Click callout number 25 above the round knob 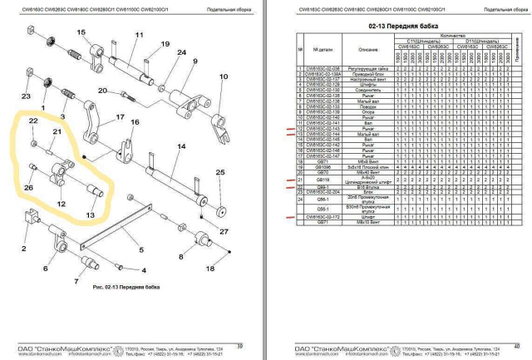pos(220,172)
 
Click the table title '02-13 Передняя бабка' pos(397,27)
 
